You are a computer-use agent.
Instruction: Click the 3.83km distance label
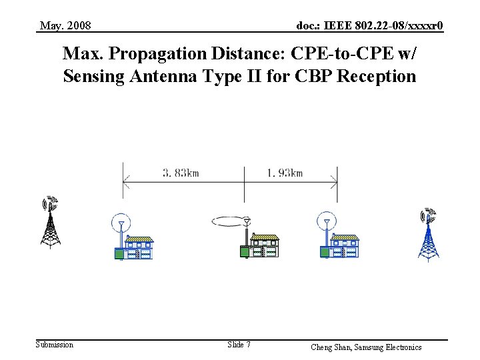click(181, 173)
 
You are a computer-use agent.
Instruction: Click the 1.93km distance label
click(285, 173)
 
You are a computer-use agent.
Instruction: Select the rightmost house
click(344, 247)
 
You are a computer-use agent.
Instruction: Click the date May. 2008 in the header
click(65, 26)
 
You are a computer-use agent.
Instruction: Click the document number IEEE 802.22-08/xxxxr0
click(370, 26)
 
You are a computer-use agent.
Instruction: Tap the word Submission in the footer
click(55, 345)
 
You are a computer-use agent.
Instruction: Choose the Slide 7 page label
click(239, 345)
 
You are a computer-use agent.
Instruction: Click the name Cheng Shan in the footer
click(332, 347)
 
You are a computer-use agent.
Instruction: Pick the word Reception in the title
click(377, 76)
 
